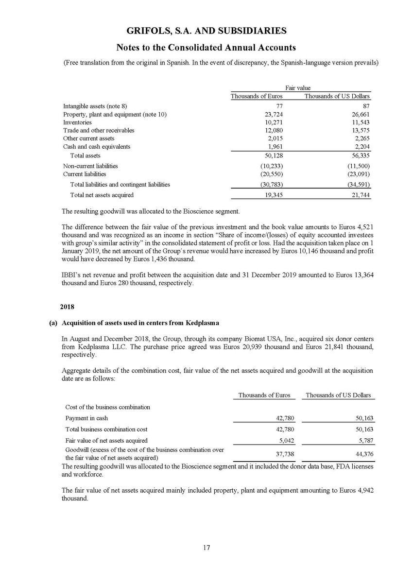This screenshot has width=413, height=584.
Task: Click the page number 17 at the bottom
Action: pyautogui.click(x=206, y=548)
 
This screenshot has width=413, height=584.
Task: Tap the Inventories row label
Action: pyautogui.click(x=77, y=122)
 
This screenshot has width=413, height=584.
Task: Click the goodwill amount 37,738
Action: pyautogui.click(x=284, y=453)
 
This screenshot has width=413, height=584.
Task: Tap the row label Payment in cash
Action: pyautogui.click(x=86, y=418)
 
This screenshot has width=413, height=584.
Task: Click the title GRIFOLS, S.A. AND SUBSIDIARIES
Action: pyautogui.click(x=206, y=31)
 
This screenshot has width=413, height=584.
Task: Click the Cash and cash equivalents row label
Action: pyautogui.click(x=97, y=146)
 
